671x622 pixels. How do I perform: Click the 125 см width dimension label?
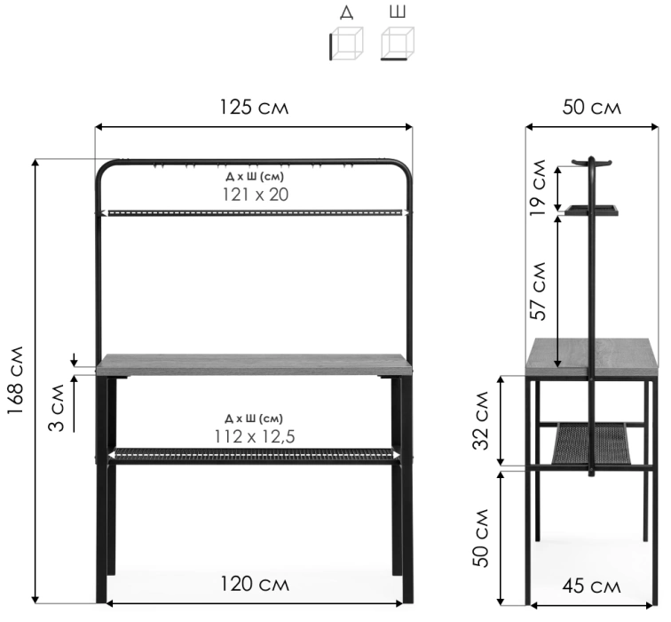point(254,108)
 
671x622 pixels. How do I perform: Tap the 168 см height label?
point(15,380)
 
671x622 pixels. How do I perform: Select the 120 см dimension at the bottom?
point(255,584)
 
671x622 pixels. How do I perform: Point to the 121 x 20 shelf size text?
point(256,195)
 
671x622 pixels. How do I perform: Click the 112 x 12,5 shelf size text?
point(255,436)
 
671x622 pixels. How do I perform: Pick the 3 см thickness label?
point(56,408)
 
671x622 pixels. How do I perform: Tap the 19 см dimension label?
point(538,187)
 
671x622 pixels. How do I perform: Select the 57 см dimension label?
point(538,291)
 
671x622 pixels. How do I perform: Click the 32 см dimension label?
point(480,420)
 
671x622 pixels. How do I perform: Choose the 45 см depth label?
point(591,586)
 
